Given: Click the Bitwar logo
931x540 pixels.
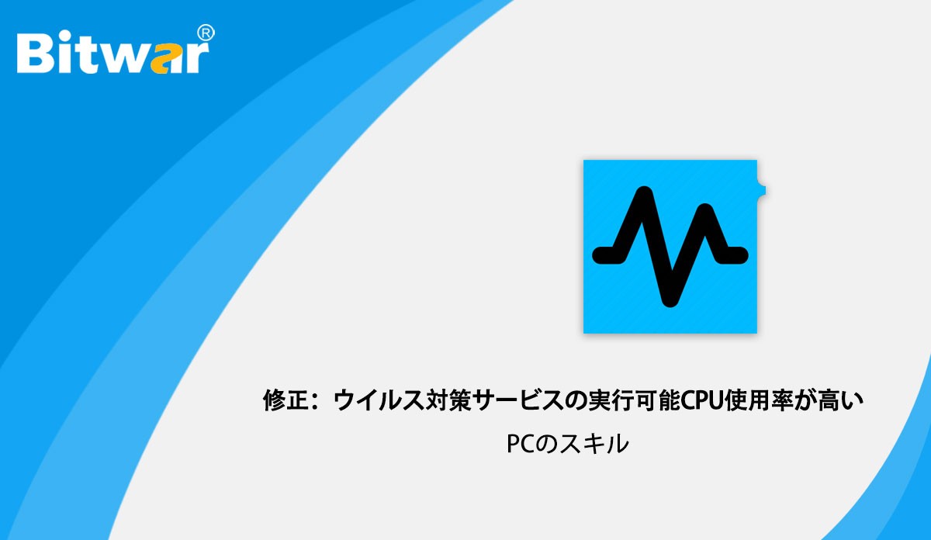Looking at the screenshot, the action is [x=116, y=50].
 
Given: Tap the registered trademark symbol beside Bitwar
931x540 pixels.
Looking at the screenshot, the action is [x=206, y=33].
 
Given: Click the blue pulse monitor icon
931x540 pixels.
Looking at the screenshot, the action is [x=670, y=247].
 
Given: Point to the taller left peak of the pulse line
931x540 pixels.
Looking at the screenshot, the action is [x=644, y=193].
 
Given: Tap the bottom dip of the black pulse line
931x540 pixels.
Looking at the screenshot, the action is [x=670, y=299].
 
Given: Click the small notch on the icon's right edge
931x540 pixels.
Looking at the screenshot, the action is [x=761, y=191].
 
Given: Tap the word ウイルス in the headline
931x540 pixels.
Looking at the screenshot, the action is [x=373, y=400].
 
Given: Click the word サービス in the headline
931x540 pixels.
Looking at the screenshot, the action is [x=518, y=400].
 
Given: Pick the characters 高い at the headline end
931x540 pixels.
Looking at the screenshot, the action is [x=840, y=400].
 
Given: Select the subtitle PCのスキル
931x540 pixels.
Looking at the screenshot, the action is [x=568, y=444].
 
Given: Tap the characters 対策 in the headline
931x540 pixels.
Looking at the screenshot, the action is [x=443, y=400].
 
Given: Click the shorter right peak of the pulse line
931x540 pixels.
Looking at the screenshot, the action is [x=704, y=210].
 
